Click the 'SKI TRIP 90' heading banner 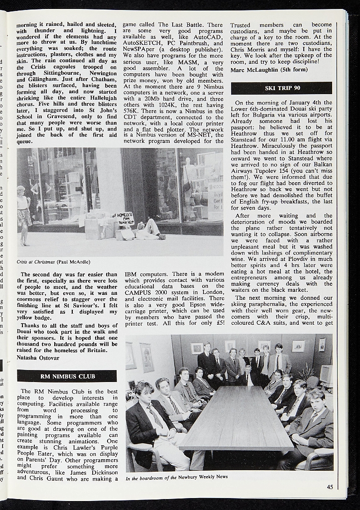[x=281, y=88]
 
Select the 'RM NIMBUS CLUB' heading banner [x=67, y=376]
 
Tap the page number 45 [x=330, y=487]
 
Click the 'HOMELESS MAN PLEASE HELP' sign [x=125, y=219]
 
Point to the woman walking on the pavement [x=23, y=215]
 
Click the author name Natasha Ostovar [x=38, y=357]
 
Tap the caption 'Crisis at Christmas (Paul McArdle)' [x=53, y=261]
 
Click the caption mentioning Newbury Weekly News [x=177, y=477]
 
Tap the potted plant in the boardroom [x=306, y=372]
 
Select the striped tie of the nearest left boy [x=155, y=416]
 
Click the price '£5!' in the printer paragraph [x=217, y=323]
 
